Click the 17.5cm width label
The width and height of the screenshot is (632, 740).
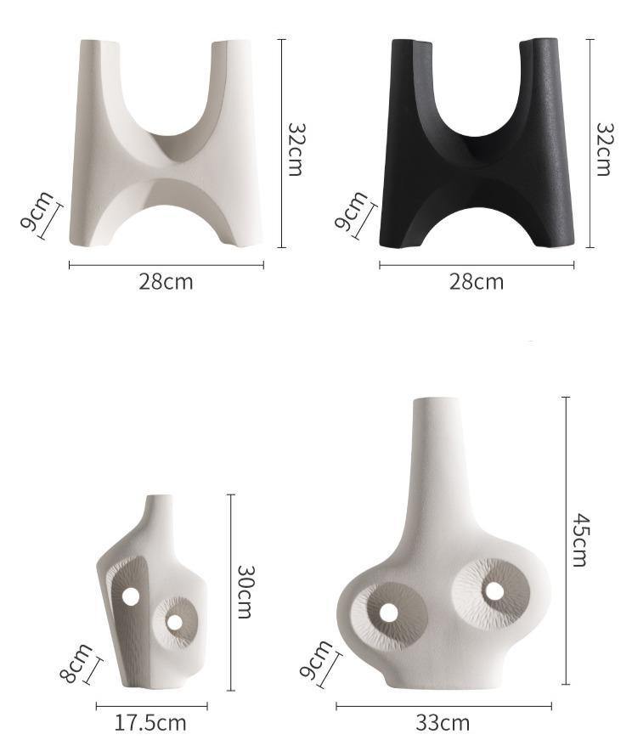coord(150,723)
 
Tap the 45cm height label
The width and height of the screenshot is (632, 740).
coord(578,539)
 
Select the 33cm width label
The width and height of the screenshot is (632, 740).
coord(443,723)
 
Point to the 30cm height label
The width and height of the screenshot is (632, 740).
coord(245,591)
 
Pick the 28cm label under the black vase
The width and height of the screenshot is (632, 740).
coord(476,281)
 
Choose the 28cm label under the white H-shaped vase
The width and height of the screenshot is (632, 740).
coord(166,281)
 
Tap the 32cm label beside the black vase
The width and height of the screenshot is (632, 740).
coord(602,149)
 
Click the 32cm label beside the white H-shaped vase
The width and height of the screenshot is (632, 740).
coord(294,149)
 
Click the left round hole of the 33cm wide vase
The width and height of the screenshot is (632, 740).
coord(388,613)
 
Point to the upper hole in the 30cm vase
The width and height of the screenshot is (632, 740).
coord(131,596)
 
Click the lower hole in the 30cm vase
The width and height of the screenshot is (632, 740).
coord(174,623)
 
